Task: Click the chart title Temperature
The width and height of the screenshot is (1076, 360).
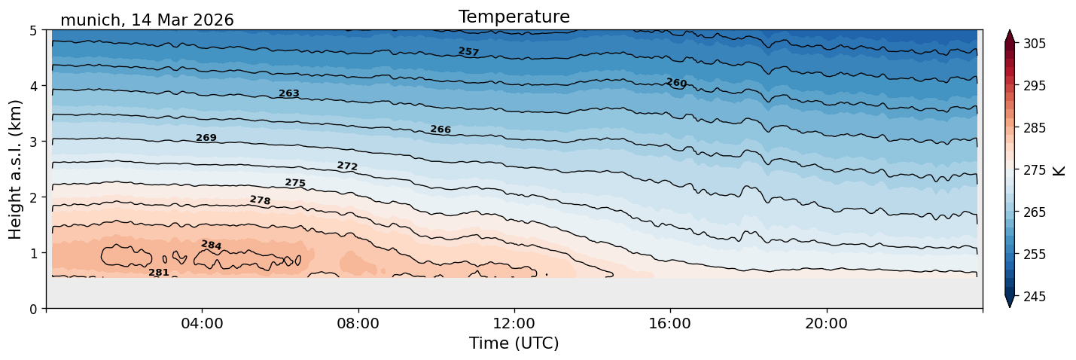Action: (514, 17)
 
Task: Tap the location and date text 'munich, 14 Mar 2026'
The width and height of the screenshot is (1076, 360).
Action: (147, 20)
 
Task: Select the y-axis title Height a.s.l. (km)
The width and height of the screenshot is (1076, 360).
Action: (15, 169)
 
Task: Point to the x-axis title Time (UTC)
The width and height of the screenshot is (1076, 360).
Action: (514, 343)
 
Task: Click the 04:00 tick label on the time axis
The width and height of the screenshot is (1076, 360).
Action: (202, 323)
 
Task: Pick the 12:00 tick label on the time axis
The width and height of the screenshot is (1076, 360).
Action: (514, 323)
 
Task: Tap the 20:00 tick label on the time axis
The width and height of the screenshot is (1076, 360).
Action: (826, 323)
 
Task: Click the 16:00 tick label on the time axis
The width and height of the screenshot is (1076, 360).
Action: (670, 323)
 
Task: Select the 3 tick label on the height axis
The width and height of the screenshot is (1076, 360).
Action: (33, 142)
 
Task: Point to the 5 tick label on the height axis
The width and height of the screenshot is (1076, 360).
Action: (33, 31)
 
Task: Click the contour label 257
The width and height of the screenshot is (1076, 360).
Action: (469, 51)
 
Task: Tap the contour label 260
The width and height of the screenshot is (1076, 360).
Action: (676, 83)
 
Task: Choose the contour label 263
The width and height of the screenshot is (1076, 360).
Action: (289, 93)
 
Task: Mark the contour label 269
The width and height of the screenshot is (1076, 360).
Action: (206, 138)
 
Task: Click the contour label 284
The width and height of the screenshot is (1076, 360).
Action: (212, 245)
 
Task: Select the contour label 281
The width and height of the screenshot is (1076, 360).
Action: (159, 273)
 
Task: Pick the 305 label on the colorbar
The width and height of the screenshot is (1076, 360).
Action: (1034, 44)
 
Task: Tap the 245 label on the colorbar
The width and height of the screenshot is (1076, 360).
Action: (1034, 297)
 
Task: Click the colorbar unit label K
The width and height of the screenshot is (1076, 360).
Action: (1058, 170)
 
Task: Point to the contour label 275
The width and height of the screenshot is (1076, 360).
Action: (295, 183)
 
